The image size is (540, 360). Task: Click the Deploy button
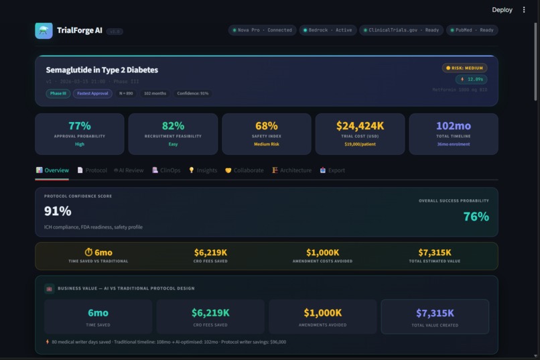[x=502, y=10]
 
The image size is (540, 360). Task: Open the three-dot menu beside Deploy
[x=524, y=10]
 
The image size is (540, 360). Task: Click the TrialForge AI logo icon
[x=44, y=30]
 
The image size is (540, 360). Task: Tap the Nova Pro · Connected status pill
[x=262, y=30]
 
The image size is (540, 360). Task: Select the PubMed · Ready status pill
[x=473, y=30]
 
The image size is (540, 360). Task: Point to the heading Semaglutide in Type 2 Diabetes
[x=102, y=70]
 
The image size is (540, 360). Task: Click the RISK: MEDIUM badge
[x=464, y=68]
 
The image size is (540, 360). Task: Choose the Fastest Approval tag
[x=92, y=93]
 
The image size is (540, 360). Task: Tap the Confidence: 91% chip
[x=192, y=93]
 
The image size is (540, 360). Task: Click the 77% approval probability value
[x=80, y=126]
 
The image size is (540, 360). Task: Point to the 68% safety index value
[x=266, y=126]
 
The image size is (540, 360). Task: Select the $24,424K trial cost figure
[x=360, y=126]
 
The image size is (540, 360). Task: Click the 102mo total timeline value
[x=454, y=126]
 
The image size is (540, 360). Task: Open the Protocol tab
[x=92, y=170]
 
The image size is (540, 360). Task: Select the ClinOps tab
[x=166, y=170]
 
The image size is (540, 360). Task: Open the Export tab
[x=332, y=170]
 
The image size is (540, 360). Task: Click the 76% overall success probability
[x=476, y=217]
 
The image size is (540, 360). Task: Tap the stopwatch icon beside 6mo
[x=88, y=252]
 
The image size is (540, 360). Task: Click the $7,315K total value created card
[x=435, y=316]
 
